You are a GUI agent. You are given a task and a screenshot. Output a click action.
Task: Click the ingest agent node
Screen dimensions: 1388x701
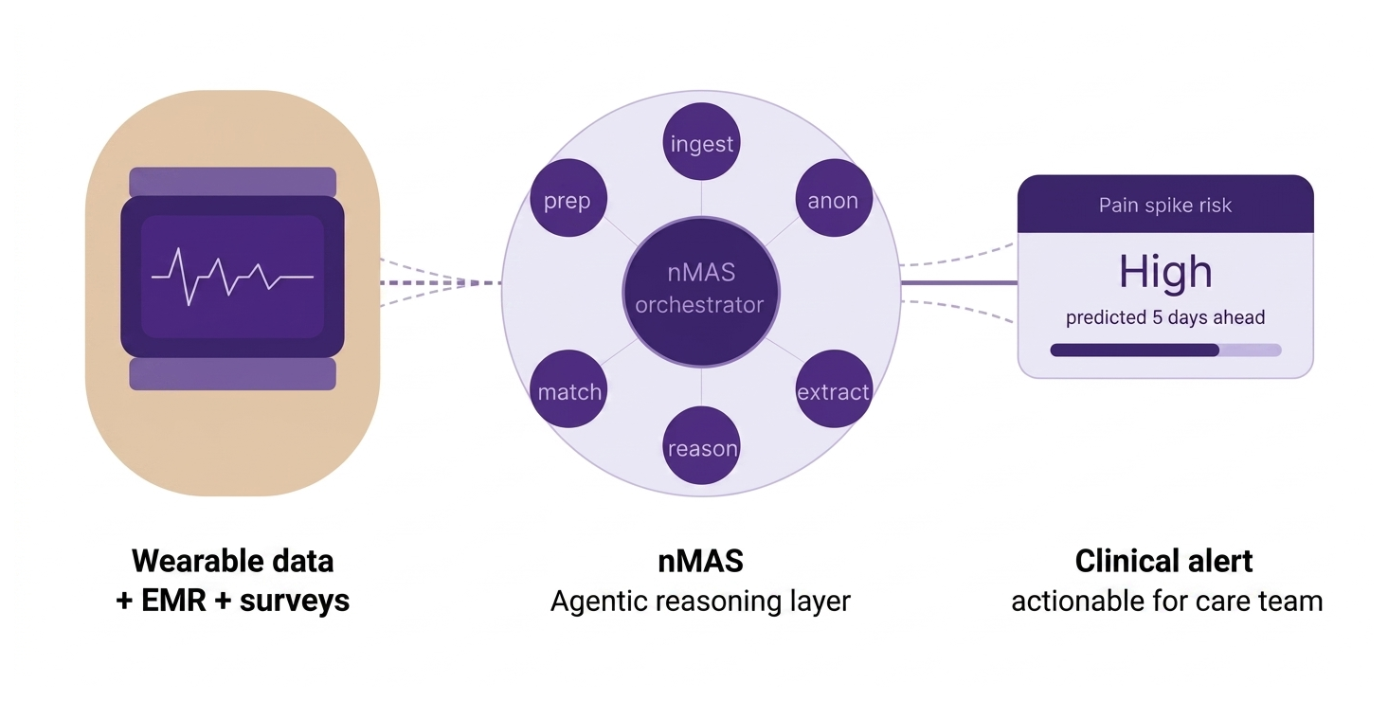pyautogui.click(x=701, y=142)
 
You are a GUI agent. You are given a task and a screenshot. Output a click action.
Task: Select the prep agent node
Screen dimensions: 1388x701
pyautogui.click(x=568, y=198)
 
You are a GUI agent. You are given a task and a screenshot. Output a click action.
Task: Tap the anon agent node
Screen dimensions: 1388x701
pyautogui.click(x=834, y=198)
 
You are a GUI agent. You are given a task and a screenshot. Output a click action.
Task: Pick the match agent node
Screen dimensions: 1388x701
pyautogui.click(x=568, y=388)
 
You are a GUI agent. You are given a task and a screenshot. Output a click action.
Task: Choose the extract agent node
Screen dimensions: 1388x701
pyautogui.click(x=834, y=388)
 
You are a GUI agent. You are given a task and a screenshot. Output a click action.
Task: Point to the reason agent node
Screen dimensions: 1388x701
pyautogui.click(x=701, y=445)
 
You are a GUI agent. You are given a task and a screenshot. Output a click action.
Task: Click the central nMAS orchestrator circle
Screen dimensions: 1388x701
pyautogui.click(x=701, y=292)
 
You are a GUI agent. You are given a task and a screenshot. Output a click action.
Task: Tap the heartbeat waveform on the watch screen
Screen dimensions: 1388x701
pyautogui.click(x=232, y=277)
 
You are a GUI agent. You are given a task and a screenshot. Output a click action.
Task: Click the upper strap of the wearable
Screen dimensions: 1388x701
pyautogui.click(x=232, y=182)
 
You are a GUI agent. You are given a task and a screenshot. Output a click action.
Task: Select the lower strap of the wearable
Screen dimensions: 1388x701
pyautogui.click(x=232, y=374)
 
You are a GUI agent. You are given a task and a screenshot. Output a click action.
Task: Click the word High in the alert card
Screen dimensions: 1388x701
pyautogui.click(x=1165, y=272)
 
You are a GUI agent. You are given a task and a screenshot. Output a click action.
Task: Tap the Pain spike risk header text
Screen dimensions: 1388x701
pyautogui.click(x=1165, y=206)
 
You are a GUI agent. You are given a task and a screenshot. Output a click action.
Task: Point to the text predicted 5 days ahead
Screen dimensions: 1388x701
pyautogui.click(x=1165, y=317)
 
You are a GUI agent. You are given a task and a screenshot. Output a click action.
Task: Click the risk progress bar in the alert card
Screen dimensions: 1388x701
pyautogui.click(x=1165, y=350)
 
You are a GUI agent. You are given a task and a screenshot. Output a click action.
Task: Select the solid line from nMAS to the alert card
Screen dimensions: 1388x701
pyautogui.click(x=959, y=282)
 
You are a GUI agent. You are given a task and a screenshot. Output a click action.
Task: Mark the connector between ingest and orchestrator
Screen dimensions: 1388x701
pyautogui.click(x=701, y=198)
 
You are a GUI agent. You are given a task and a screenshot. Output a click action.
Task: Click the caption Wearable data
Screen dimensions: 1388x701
pyautogui.click(x=232, y=561)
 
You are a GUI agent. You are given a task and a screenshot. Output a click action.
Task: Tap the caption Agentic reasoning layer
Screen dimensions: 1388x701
pyautogui.click(x=701, y=602)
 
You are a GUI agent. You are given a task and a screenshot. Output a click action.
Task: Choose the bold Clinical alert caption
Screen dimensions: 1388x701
pyautogui.click(x=1163, y=561)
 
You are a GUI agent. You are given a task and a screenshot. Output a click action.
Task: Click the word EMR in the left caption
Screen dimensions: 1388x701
pyautogui.click(x=173, y=601)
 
